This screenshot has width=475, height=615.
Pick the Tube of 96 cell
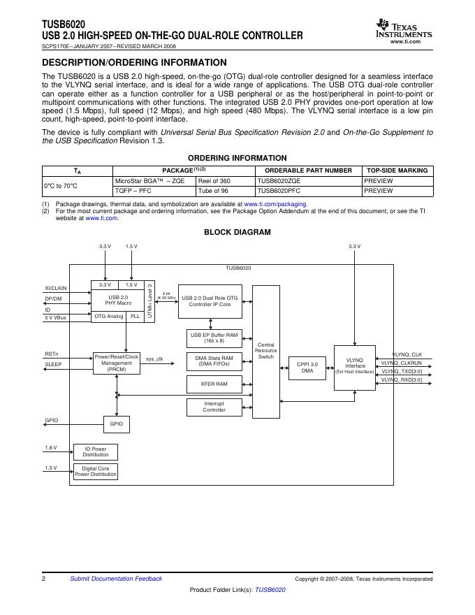point(213,190)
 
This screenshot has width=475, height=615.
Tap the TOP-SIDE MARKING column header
point(397,171)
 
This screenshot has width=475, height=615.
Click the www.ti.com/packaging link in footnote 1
point(275,203)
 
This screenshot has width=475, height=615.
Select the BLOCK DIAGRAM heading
point(237,232)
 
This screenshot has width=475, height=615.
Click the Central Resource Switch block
point(266,351)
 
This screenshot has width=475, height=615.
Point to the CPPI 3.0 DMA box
point(307,367)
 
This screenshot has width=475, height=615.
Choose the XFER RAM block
point(214,384)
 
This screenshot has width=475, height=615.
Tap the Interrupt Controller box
point(214,406)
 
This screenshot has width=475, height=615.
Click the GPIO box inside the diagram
point(116,424)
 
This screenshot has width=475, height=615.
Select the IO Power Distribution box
point(96,451)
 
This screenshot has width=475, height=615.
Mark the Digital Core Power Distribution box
point(96,471)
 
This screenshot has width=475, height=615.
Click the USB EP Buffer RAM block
point(214,338)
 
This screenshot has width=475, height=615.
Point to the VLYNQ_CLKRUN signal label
point(401,363)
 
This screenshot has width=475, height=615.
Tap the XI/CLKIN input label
point(56,288)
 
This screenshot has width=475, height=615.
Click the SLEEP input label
point(53,364)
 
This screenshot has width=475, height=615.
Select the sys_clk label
point(154,359)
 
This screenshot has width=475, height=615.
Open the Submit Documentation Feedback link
point(116,579)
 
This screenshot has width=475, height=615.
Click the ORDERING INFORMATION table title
point(237,158)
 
